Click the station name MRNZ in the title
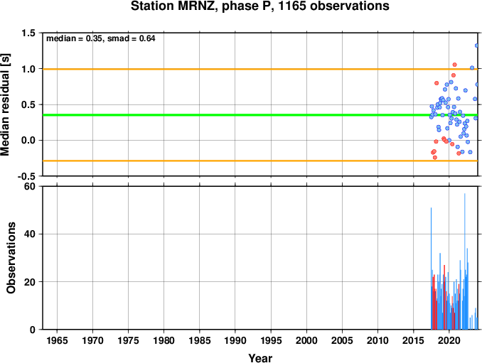[196, 6]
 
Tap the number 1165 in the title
[291, 6]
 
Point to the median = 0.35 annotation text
[74, 38]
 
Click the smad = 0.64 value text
[132, 38]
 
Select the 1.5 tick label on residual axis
[28, 33]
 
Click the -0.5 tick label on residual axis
[26, 176]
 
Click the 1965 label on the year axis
[57, 340]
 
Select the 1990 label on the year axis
[235, 340]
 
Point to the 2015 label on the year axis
[414, 340]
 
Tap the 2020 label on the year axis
[449, 340]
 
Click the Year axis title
[260, 358]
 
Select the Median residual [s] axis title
[5, 105]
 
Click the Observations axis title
[11, 258]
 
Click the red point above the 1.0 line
[455, 65]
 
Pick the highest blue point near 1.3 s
[477, 45]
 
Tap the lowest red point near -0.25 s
[435, 158]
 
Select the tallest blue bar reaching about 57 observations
[464, 261]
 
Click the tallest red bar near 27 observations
[444, 297]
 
